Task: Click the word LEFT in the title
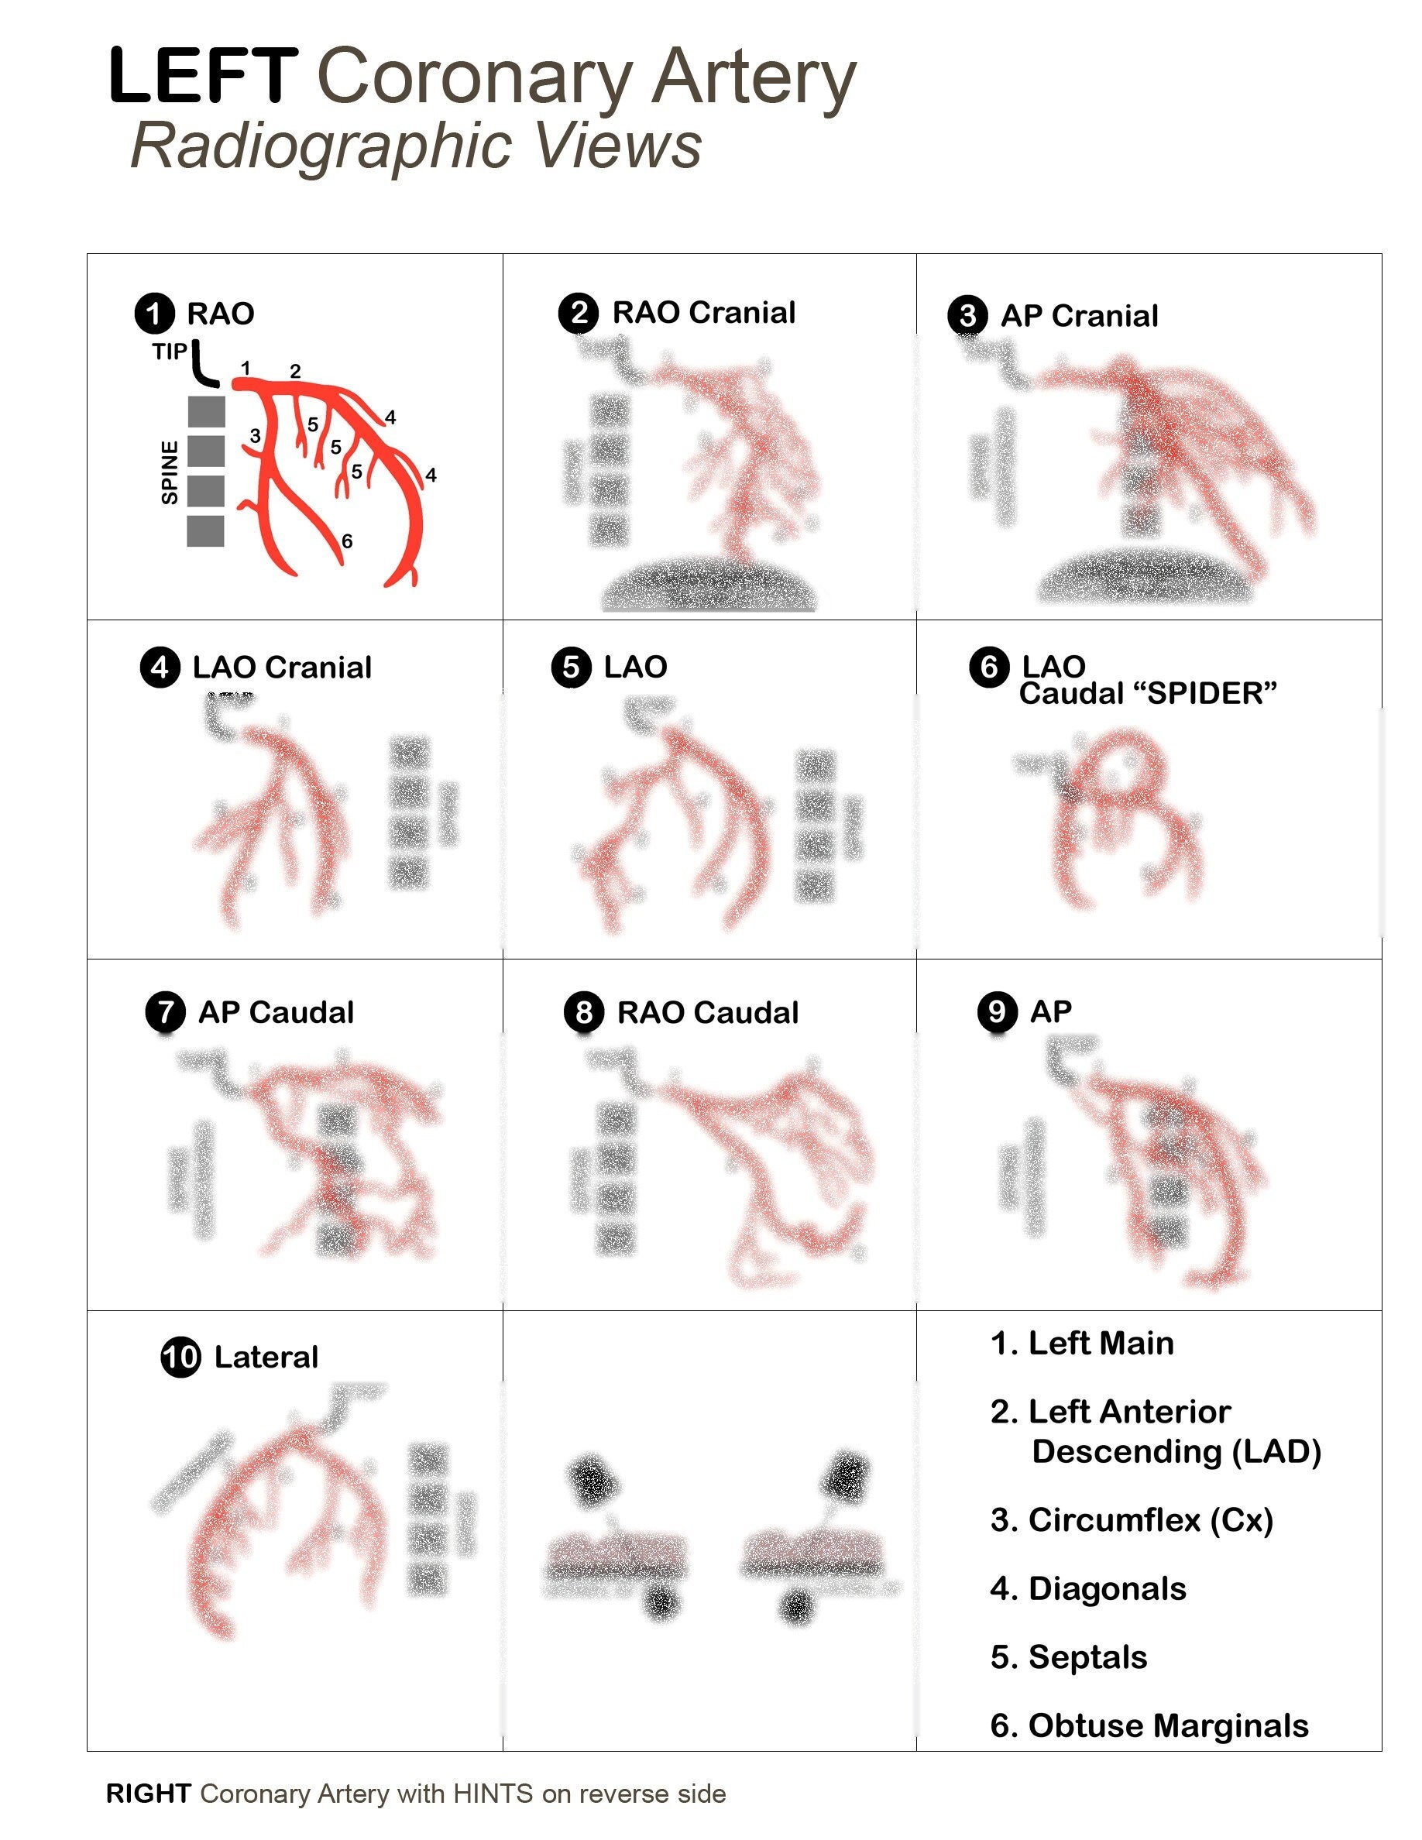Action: [x=203, y=77]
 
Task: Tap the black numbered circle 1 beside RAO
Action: [x=154, y=314]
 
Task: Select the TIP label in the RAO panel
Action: [x=170, y=352]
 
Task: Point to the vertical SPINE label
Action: [x=170, y=472]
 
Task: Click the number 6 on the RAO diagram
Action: [x=346, y=541]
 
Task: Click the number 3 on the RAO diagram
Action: [x=254, y=435]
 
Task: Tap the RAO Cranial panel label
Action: [x=703, y=313]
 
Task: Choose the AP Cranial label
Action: [x=1079, y=316]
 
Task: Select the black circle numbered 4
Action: [x=160, y=668]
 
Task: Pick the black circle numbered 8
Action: [x=584, y=1012]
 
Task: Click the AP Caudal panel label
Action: [x=276, y=1012]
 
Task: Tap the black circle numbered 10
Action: [x=180, y=1358]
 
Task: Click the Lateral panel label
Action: [x=266, y=1358]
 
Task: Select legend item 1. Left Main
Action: [x=1082, y=1343]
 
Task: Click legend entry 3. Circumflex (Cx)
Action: [x=1132, y=1520]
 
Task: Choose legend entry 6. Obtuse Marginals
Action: [x=1149, y=1725]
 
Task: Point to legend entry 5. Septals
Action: [x=1068, y=1656]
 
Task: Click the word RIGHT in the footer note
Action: [x=148, y=1794]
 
